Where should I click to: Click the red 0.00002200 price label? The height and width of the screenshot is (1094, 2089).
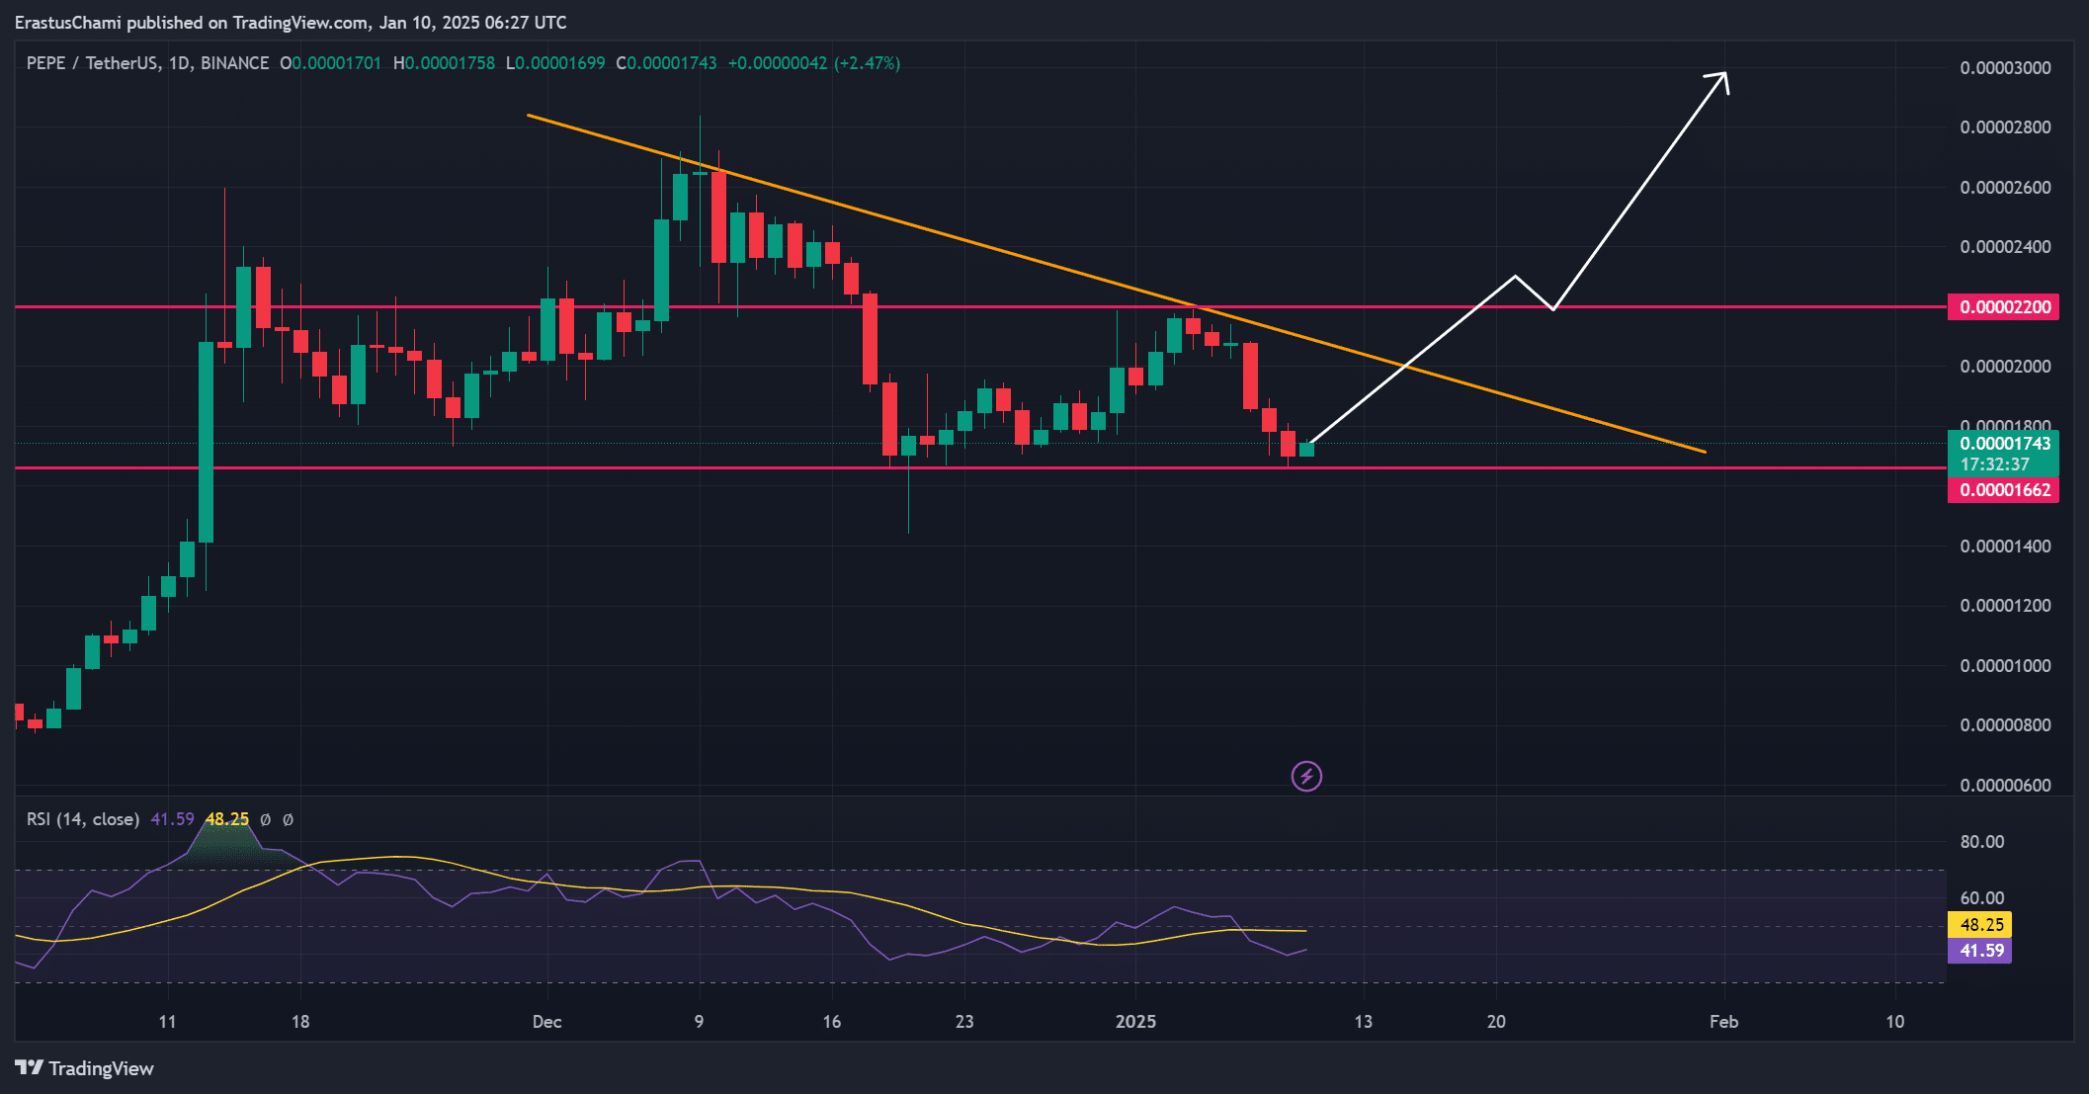tap(2004, 307)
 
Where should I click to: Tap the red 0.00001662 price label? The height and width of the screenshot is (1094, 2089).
tap(2004, 490)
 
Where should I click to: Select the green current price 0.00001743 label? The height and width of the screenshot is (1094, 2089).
tap(2004, 444)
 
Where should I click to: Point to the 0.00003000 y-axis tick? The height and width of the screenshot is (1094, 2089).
tap(2005, 68)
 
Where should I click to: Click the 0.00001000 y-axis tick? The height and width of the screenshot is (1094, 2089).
tap(2005, 666)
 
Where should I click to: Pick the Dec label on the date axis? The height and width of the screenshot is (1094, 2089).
tap(546, 1022)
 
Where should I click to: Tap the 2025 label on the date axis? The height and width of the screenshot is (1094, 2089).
tap(1135, 1022)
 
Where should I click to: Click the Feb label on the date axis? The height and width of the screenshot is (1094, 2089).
tap(1723, 1022)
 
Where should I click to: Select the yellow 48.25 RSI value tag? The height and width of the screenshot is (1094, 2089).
tap(1981, 925)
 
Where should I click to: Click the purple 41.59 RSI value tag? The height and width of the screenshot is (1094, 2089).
tap(1981, 951)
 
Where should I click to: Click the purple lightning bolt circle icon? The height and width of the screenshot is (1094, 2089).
tap(1306, 777)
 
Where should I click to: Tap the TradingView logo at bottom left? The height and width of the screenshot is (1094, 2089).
tap(85, 1068)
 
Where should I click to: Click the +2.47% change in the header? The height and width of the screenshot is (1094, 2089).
tap(867, 63)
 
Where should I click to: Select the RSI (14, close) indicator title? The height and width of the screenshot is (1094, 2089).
tap(83, 819)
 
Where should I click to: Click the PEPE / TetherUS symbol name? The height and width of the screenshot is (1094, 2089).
tap(95, 63)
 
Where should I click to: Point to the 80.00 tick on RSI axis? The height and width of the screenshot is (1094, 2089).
tap(1981, 842)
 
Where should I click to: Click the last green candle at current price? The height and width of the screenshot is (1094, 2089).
tap(1306, 450)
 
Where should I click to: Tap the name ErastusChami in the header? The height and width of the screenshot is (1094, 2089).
tap(67, 22)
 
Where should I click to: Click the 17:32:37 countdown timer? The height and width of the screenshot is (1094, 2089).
tap(1994, 464)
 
